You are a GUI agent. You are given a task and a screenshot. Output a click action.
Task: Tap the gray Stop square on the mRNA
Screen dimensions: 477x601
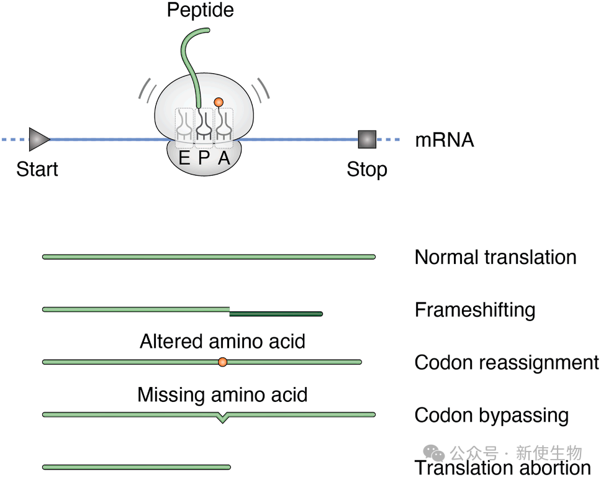pyautogui.click(x=367, y=139)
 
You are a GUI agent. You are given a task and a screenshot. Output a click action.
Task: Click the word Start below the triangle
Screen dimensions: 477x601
pyautogui.click(x=37, y=169)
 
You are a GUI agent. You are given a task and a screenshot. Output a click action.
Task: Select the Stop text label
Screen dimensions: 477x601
pyautogui.click(x=367, y=169)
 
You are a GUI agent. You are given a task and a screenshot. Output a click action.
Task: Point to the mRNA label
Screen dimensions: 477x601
pyautogui.click(x=444, y=140)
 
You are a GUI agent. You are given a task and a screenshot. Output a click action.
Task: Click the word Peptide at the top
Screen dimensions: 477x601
pyautogui.click(x=201, y=11)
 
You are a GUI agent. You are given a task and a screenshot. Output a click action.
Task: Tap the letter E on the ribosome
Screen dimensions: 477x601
pyautogui.click(x=184, y=158)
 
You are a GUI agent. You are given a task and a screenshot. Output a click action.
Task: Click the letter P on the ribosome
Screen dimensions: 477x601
pyautogui.click(x=204, y=158)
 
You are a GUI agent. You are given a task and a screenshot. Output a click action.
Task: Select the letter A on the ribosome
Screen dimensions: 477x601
pyautogui.click(x=224, y=158)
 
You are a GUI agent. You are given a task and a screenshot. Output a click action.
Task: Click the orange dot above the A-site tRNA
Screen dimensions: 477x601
pyautogui.click(x=218, y=101)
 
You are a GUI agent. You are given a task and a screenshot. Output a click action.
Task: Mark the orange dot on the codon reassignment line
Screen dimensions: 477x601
pyautogui.click(x=222, y=361)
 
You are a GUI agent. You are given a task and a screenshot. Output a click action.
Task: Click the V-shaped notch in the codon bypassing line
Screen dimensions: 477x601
pyautogui.click(x=223, y=418)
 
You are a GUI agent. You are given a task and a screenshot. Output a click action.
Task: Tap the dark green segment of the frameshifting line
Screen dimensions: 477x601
pyautogui.click(x=276, y=314)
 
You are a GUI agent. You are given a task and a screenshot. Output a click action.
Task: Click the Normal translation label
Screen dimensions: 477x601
pyautogui.click(x=495, y=257)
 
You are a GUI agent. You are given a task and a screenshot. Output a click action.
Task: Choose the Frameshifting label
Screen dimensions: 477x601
pyautogui.click(x=475, y=309)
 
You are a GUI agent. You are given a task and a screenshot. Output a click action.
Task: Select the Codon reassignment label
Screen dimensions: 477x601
pyautogui.click(x=507, y=362)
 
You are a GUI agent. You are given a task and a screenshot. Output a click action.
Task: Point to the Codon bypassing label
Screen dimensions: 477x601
pyautogui.click(x=492, y=415)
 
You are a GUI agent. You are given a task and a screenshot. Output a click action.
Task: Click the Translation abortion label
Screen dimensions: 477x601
pyautogui.click(x=502, y=468)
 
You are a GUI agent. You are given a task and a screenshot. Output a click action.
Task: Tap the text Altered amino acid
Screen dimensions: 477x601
pyautogui.click(x=222, y=341)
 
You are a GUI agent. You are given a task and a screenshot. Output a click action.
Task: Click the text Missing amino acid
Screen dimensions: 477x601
pyautogui.click(x=222, y=394)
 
